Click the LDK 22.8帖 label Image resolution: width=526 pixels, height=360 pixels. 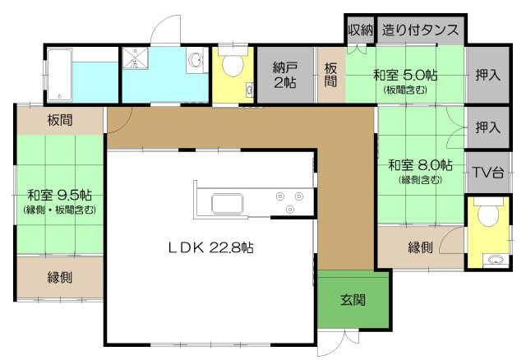click(x=210, y=247)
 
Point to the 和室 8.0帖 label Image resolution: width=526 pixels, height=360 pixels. click(x=420, y=164)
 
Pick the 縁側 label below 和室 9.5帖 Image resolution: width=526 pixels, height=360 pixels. click(x=58, y=277)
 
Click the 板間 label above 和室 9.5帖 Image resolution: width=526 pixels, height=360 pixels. click(x=59, y=120)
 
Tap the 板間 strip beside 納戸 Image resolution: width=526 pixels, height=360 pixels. click(x=330, y=75)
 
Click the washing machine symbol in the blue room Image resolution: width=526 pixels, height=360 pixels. click(x=136, y=60)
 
